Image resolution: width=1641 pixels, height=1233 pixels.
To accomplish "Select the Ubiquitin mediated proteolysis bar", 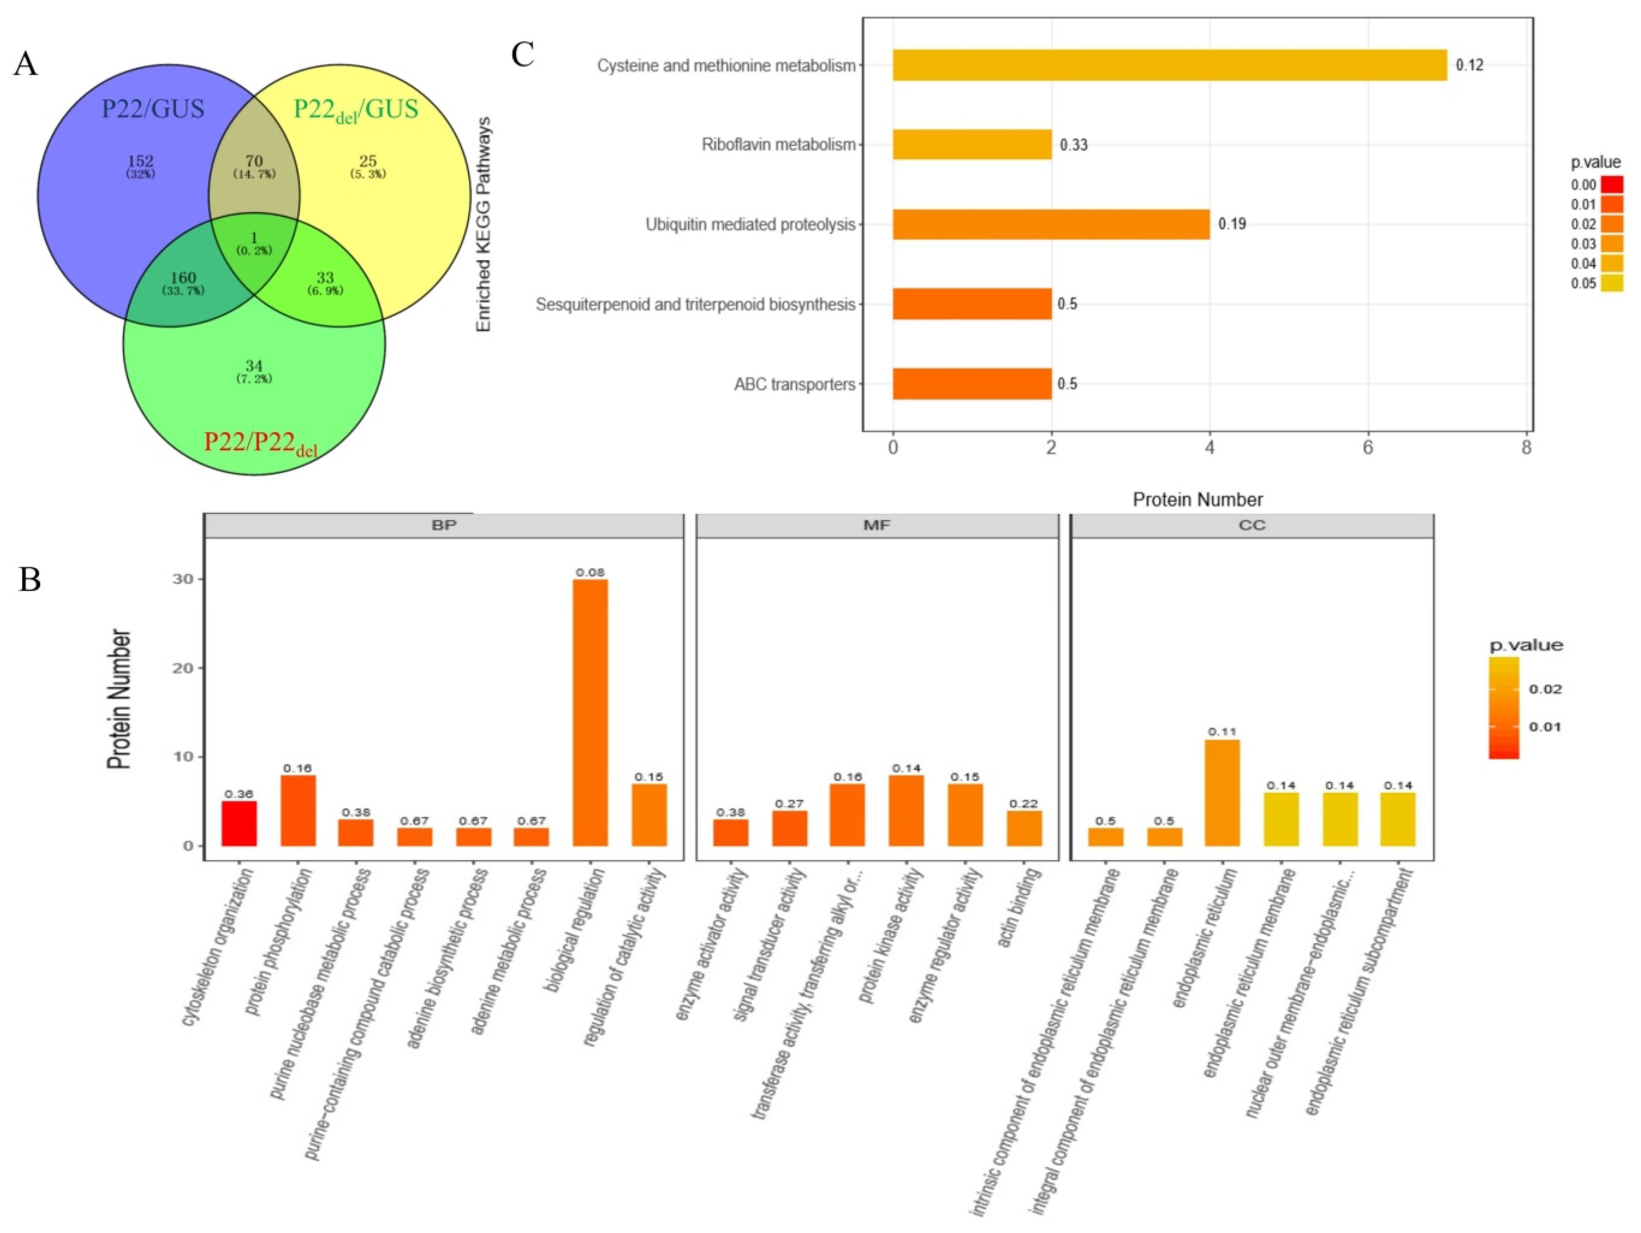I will click(1050, 224).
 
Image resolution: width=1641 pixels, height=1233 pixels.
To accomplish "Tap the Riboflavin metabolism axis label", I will click(778, 145).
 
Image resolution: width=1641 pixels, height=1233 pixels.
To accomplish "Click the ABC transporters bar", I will click(972, 384).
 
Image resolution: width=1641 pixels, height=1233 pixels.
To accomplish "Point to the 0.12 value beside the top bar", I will click(1469, 65).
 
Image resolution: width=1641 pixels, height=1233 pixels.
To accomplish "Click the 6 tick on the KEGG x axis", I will click(1368, 448).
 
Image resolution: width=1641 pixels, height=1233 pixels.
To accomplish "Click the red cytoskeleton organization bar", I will click(239, 823).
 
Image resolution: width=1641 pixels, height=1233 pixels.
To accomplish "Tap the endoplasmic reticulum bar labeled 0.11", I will click(1222, 792).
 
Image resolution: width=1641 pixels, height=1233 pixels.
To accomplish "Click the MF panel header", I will click(877, 525).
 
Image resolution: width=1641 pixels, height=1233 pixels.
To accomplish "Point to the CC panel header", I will click(1252, 525).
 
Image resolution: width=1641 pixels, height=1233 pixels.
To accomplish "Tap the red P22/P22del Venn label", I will click(260, 443).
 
